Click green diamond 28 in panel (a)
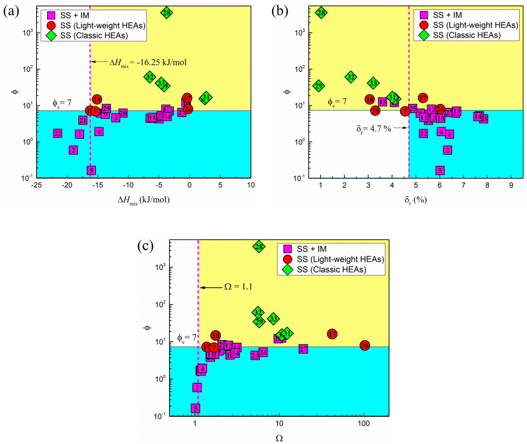167,13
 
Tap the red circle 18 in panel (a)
97,99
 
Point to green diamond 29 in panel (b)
319,86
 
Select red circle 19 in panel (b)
375,111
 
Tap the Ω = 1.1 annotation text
238,286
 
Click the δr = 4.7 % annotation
374,129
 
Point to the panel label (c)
145,246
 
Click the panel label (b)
279,11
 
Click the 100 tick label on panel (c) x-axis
364,423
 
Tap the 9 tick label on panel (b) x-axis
511,185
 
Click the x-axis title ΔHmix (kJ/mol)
144,200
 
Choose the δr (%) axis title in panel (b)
416,200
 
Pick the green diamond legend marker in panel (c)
287,269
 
